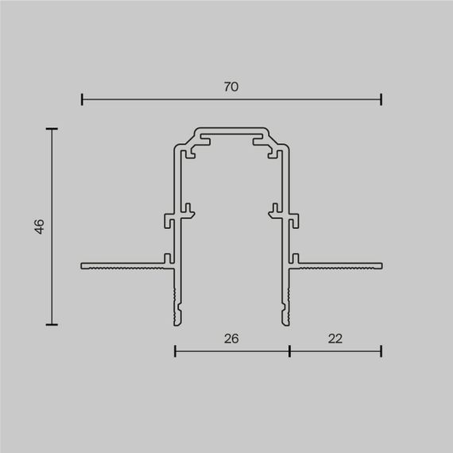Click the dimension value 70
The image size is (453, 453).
(231, 87)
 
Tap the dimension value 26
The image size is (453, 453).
(231, 338)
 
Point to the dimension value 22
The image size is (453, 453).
(335, 338)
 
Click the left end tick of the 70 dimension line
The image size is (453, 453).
(82, 100)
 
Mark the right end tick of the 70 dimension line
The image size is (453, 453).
(381, 100)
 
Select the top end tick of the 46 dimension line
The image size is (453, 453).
(52, 128)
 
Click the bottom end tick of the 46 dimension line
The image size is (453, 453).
(52, 324)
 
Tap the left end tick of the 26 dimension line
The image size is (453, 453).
(175, 350)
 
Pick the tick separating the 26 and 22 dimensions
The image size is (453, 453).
(289, 350)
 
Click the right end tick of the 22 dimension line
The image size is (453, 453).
(381, 350)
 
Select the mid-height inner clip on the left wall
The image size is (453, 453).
(188, 211)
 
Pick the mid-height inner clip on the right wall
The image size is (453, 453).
(273, 211)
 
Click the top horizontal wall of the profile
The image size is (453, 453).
(231, 128)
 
